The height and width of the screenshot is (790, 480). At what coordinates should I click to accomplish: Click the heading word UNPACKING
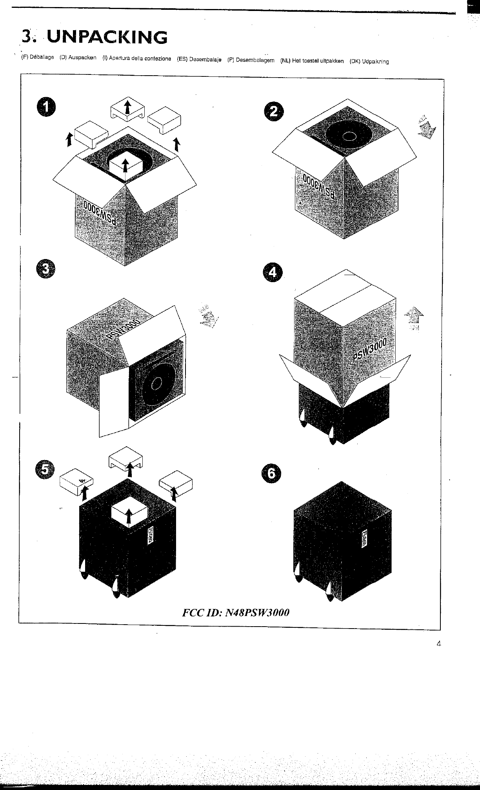pyautogui.click(x=107, y=38)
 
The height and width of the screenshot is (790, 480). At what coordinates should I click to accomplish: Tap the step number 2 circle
pyautogui.click(x=273, y=112)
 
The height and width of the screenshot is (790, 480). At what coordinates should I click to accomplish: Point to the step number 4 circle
pyautogui.click(x=272, y=273)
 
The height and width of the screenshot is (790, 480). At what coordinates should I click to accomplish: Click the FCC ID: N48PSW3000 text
pyautogui.click(x=236, y=612)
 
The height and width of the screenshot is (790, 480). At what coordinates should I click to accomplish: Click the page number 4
pyautogui.click(x=438, y=643)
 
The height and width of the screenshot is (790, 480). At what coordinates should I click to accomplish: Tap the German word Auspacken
pyautogui.click(x=82, y=58)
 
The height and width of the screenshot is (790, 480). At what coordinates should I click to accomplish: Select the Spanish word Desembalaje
pyautogui.click(x=205, y=60)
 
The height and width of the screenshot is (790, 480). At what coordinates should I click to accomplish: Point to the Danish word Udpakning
pyautogui.click(x=375, y=61)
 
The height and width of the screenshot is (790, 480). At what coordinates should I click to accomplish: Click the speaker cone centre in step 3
pyautogui.click(x=156, y=383)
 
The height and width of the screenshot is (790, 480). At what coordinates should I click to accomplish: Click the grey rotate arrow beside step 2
pyautogui.click(x=427, y=127)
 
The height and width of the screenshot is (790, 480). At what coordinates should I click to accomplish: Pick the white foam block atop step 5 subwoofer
pyautogui.click(x=129, y=514)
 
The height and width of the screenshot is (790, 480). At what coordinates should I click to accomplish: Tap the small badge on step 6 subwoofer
pyautogui.click(x=364, y=540)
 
